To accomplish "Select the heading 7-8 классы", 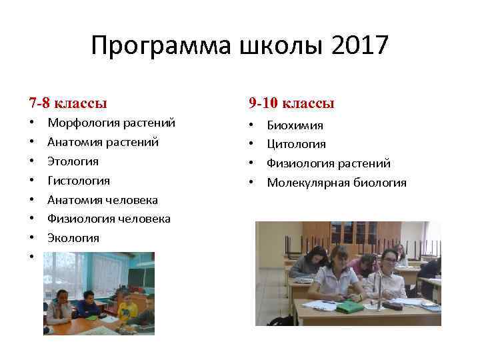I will (x=68, y=103).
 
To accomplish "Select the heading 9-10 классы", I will (x=291, y=103).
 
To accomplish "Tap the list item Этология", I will (x=73, y=161).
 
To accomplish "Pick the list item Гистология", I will (x=79, y=181).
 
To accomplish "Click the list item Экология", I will (x=73, y=238).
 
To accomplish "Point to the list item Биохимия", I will (x=295, y=125).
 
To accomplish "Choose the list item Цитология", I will (x=296, y=145).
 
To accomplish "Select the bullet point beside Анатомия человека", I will (x=31, y=200).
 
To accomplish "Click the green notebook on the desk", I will (x=349, y=307).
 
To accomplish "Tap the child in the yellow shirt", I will (x=127, y=309).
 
